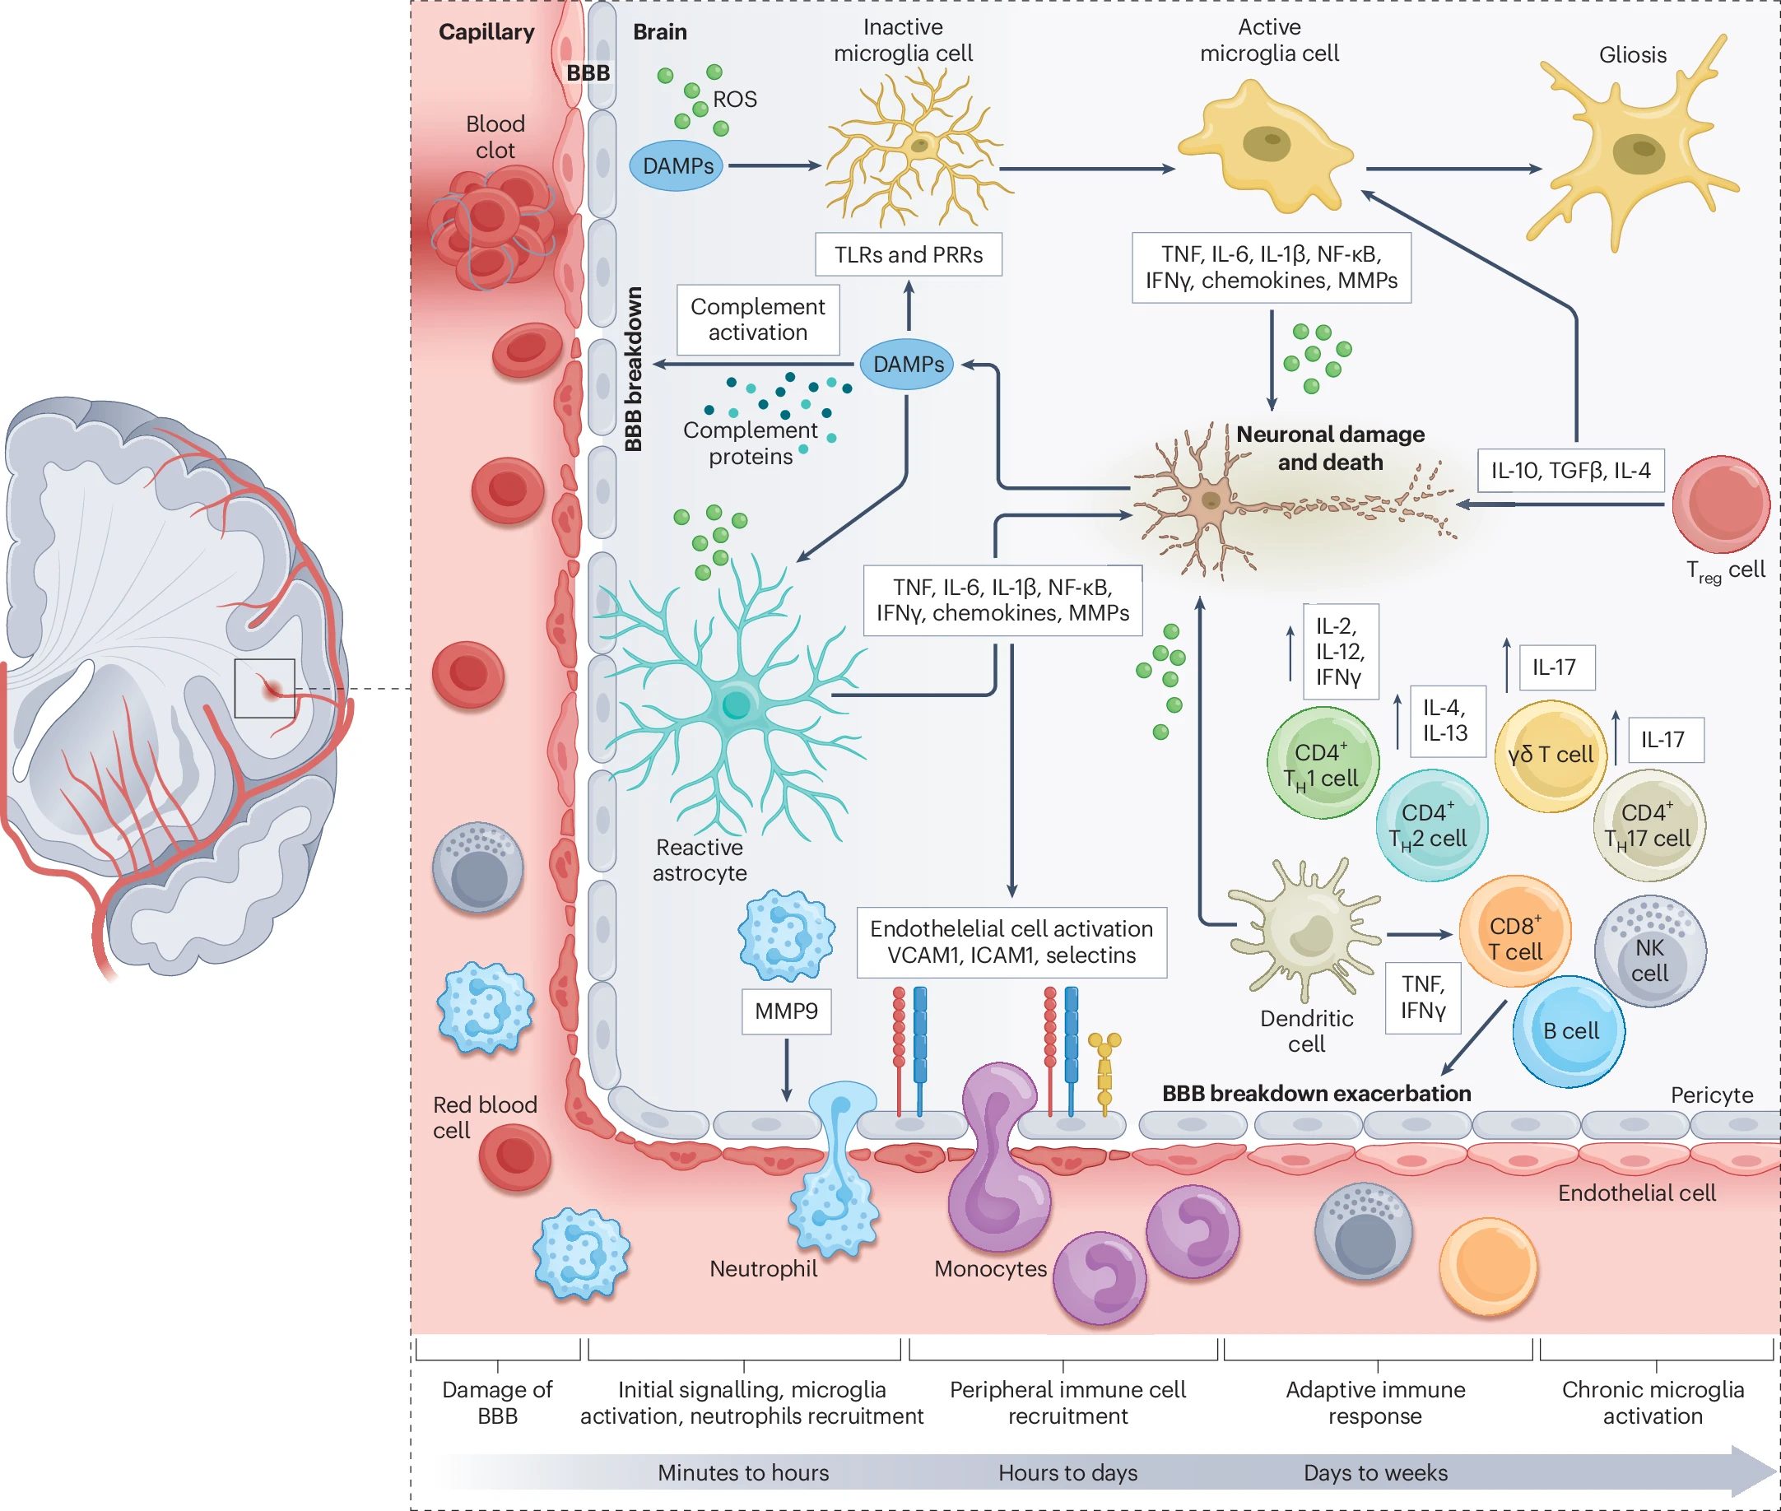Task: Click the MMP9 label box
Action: click(785, 1011)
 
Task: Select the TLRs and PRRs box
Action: click(908, 254)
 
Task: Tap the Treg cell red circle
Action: click(1720, 504)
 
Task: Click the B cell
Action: click(1569, 1031)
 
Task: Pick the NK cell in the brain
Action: click(1649, 951)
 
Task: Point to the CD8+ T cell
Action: click(1514, 931)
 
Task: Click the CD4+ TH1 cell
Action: click(1322, 762)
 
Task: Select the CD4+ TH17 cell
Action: click(1648, 825)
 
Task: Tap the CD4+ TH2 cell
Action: click(1430, 825)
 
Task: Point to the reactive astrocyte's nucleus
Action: click(736, 705)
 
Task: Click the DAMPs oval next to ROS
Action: click(677, 165)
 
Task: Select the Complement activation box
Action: click(757, 319)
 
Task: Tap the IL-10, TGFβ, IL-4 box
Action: click(1570, 470)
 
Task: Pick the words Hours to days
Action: click(1067, 1472)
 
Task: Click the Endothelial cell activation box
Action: click(1011, 942)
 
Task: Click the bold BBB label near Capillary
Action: click(588, 72)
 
